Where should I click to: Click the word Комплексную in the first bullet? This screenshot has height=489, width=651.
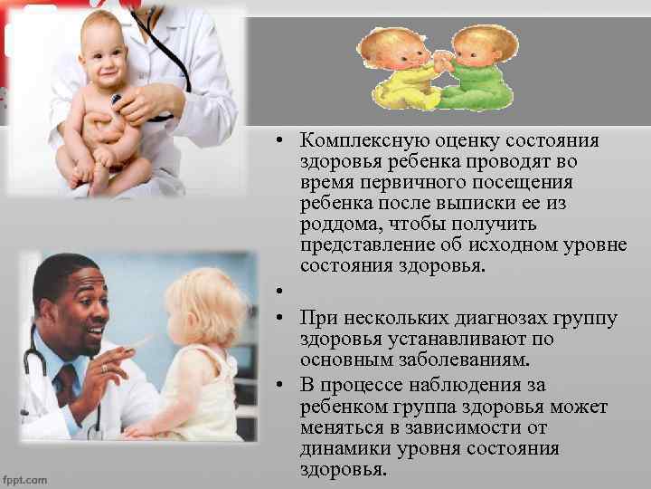click(x=355, y=142)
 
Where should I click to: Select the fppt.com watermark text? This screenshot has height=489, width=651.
click(x=24, y=479)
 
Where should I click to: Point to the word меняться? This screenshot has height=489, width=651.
click(x=344, y=427)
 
